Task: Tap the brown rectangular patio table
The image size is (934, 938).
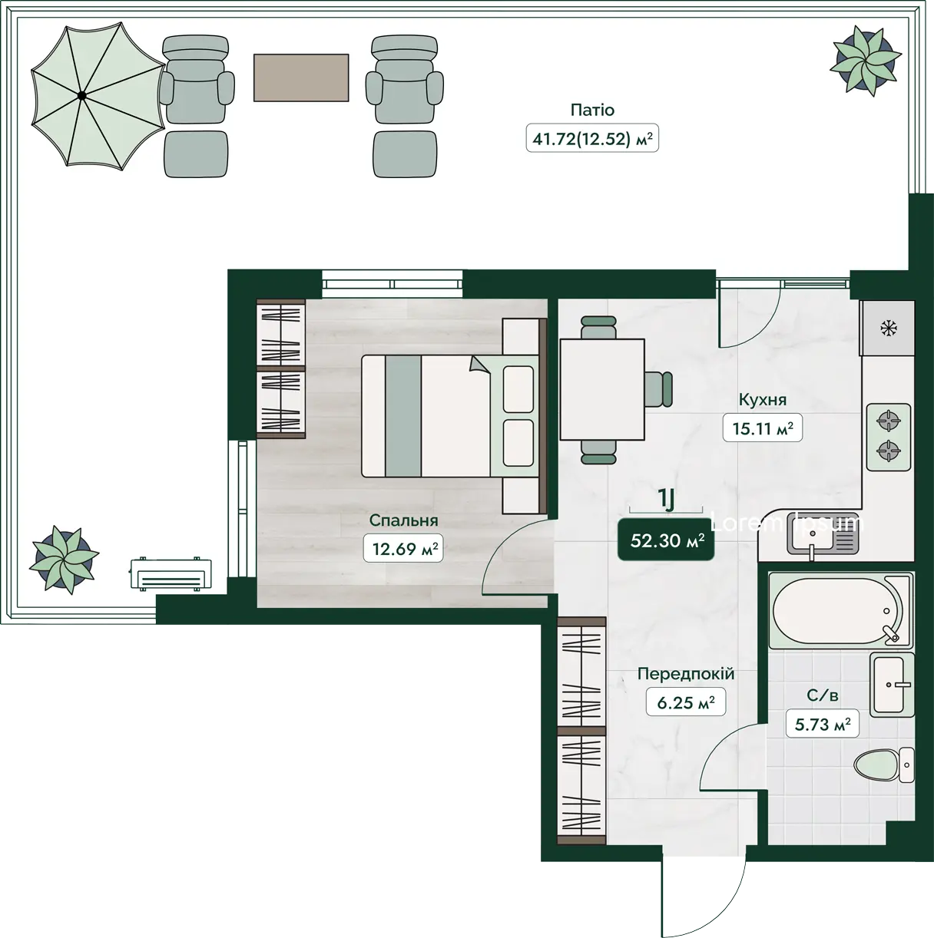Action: click(x=301, y=78)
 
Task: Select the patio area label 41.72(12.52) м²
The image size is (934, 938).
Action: click(x=592, y=139)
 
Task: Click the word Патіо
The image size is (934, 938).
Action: click(x=592, y=110)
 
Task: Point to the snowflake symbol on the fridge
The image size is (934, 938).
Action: click(x=889, y=329)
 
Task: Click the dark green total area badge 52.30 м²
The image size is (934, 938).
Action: click(x=666, y=540)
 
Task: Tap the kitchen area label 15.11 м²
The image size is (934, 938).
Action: click(x=763, y=428)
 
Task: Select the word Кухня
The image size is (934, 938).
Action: click(x=763, y=400)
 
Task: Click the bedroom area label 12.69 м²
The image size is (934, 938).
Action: click(x=403, y=549)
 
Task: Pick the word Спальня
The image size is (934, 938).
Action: click(x=403, y=520)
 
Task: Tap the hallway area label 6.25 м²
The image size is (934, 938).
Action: click(x=685, y=702)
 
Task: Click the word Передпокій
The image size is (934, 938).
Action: click(x=685, y=674)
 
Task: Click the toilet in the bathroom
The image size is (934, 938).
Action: click(x=883, y=765)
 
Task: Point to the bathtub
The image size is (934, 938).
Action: click(x=840, y=611)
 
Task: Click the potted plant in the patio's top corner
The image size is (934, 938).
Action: click(x=866, y=61)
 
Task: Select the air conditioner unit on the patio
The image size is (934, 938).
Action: click(x=171, y=574)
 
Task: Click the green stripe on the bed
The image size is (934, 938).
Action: click(x=403, y=416)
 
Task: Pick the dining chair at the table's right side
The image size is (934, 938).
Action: click(x=659, y=389)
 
